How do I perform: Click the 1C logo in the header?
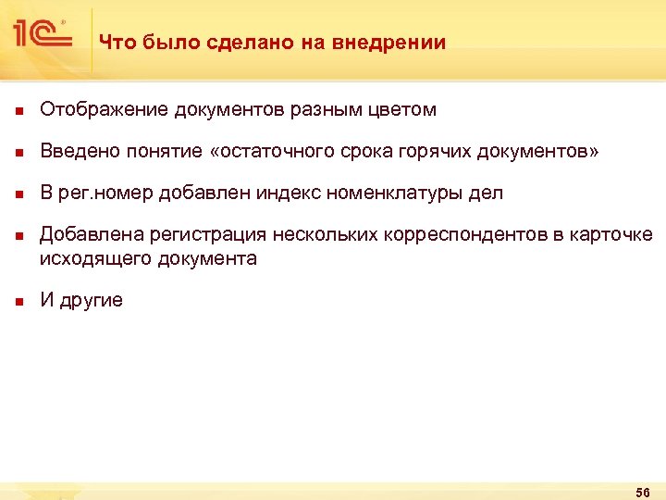43,35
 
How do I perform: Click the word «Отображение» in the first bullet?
104,110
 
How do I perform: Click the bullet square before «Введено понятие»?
17,153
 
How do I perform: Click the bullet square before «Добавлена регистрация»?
17,238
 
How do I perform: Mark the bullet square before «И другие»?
17,303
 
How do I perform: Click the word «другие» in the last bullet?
91,302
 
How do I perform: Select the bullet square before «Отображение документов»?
17,111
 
